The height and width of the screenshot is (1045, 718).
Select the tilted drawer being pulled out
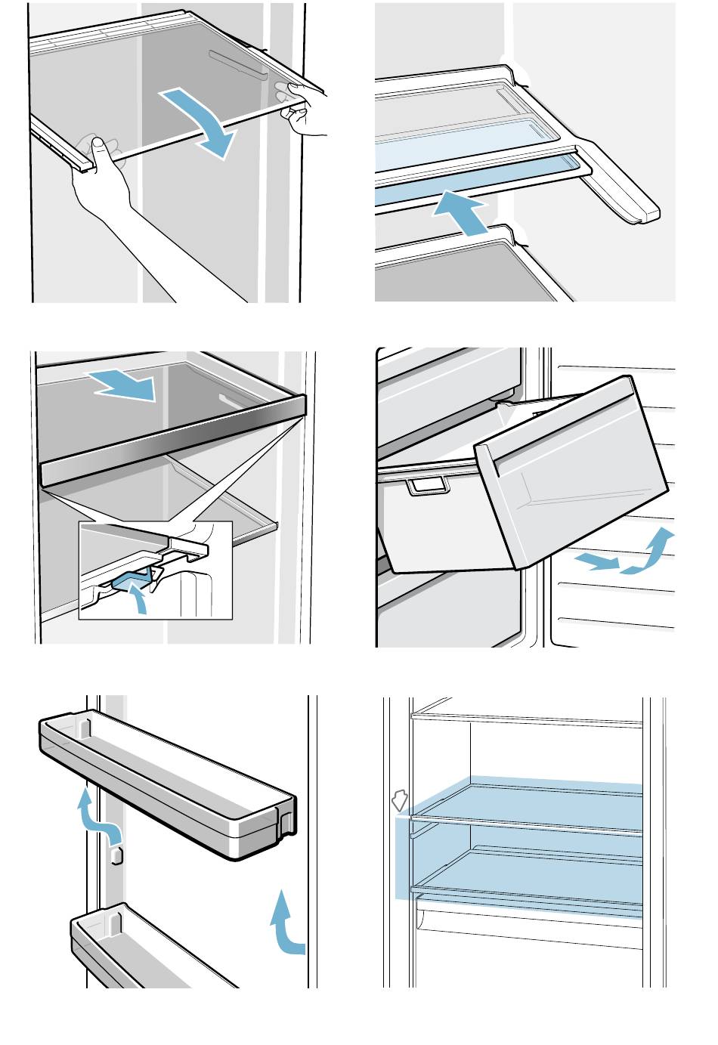click(571, 471)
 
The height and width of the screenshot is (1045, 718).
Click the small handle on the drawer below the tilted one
click(425, 486)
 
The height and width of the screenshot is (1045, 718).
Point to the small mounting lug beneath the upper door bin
click(116, 855)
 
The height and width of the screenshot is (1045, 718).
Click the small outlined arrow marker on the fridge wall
click(399, 800)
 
